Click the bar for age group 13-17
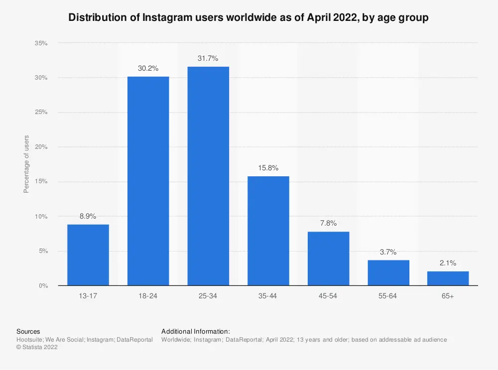(x=88, y=255)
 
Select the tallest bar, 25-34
(x=208, y=176)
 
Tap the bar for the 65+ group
(x=448, y=278)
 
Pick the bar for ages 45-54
(x=328, y=258)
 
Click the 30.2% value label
(x=148, y=68)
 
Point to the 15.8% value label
(x=268, y=168)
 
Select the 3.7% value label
(x=388, y=252)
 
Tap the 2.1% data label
(x=448, y=263)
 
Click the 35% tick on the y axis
(x=41, y=43)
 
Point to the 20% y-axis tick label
(x=41, y=147)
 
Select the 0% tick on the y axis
(x=43, y=286)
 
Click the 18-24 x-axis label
(x=148, y=296)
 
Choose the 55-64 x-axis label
(x=388, y=296)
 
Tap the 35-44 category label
(x=268, y=296)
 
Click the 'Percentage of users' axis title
(x=26, y=164)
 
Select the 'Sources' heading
(x=28, y=331)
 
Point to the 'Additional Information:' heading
(x=195, y=331)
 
